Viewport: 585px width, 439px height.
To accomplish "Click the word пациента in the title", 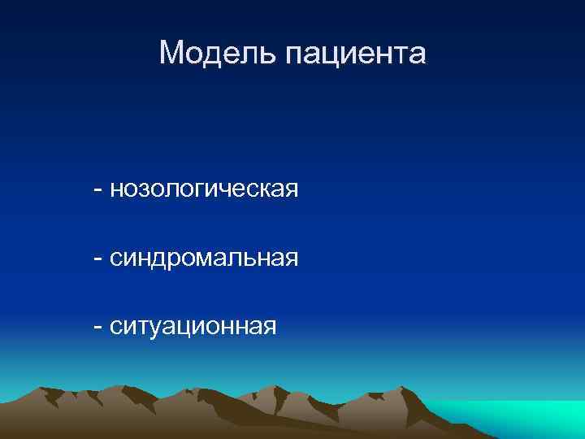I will tap(355, 55).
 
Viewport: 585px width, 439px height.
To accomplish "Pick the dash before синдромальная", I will tap(98, 259).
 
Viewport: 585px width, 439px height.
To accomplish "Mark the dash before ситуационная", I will tap(98, 328).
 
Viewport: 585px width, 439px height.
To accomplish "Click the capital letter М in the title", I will tap(172, 54).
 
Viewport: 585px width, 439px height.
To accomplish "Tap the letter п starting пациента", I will tap(294, 57).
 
